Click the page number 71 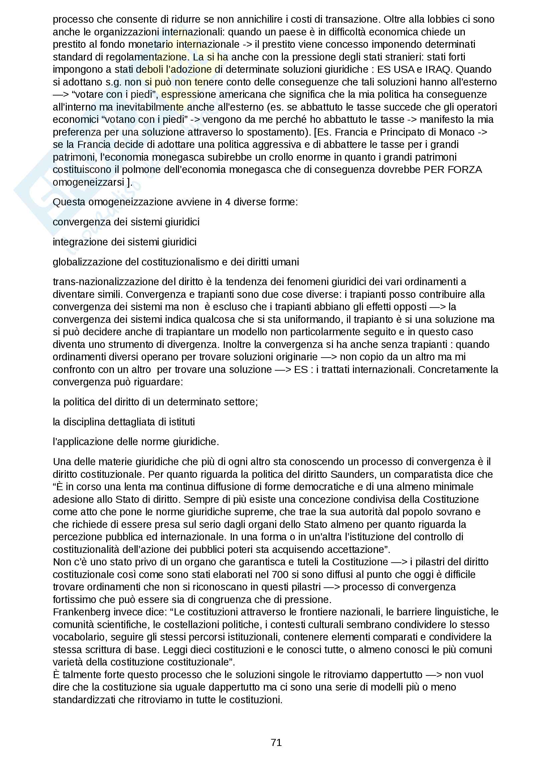click(x=276, y=742)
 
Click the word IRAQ click(x=439, y=69)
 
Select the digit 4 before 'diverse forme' click(x=227, y=202)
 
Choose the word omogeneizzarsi click(x=88, y=182)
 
